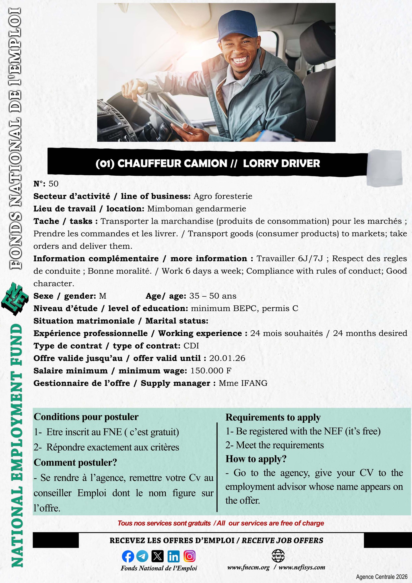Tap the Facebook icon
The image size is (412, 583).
tap(128, 556)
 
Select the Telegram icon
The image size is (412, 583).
tap(142, 556)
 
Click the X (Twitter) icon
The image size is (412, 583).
tap(158, 556)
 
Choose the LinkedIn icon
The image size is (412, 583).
tap(174, 556)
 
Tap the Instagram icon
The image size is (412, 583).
tap(189, 556)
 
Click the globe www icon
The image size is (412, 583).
tap(278, 555)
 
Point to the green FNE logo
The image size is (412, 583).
tap(15, 299)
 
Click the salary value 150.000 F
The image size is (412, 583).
tap(211, 371)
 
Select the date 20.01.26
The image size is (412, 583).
tap(227, 358)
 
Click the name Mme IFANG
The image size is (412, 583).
tap(243, 383)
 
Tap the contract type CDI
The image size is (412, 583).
tap(191, 346)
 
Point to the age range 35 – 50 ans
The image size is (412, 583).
tap(213, 296)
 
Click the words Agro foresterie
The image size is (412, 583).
tap(223, 196)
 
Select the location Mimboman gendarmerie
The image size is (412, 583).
tap(196, 209)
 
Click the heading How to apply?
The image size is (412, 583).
tap(256, 459)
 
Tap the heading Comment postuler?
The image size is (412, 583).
tap(75, 462)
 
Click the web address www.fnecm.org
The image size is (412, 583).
tap(248, 567)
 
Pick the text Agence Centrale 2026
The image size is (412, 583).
tap(382, 577)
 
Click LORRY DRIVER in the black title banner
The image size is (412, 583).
tap(281, 163)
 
